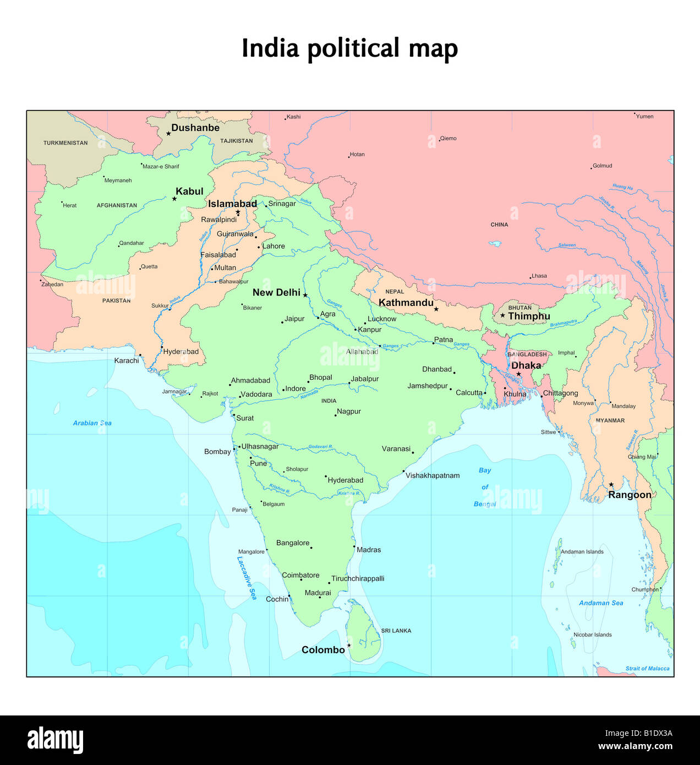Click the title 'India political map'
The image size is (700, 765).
click(x=349, y=48)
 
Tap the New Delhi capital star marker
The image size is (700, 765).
click(x=305, y=295)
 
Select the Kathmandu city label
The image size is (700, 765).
click(x=406, y=303)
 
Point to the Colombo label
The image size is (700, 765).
click(x=323, y=650)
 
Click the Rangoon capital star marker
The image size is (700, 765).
click(x=611, y=485)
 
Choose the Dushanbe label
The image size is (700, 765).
click(x=195, y=128)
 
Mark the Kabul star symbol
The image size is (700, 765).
click(x=174, y=199)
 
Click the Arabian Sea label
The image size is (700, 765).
click(x=92, y=423)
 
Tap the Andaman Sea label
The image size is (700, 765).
click(x=601, y=603)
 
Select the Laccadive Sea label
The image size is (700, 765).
click(x=247, y=577)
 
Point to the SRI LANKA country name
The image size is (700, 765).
click(x=396, y=631)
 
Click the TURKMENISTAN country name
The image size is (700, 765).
click(x=65, y=143)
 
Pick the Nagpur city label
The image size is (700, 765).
click(x=349, y=411)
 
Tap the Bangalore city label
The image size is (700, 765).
click(x=293, y=543)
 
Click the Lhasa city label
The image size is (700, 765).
click(x=539, y=276)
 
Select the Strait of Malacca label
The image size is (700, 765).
click(x=647, y=669)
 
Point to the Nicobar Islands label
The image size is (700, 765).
click(x=592, y=635)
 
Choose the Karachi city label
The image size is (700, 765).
click(x=127, y=360)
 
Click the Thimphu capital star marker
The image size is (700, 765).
click(x=502, y=315)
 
